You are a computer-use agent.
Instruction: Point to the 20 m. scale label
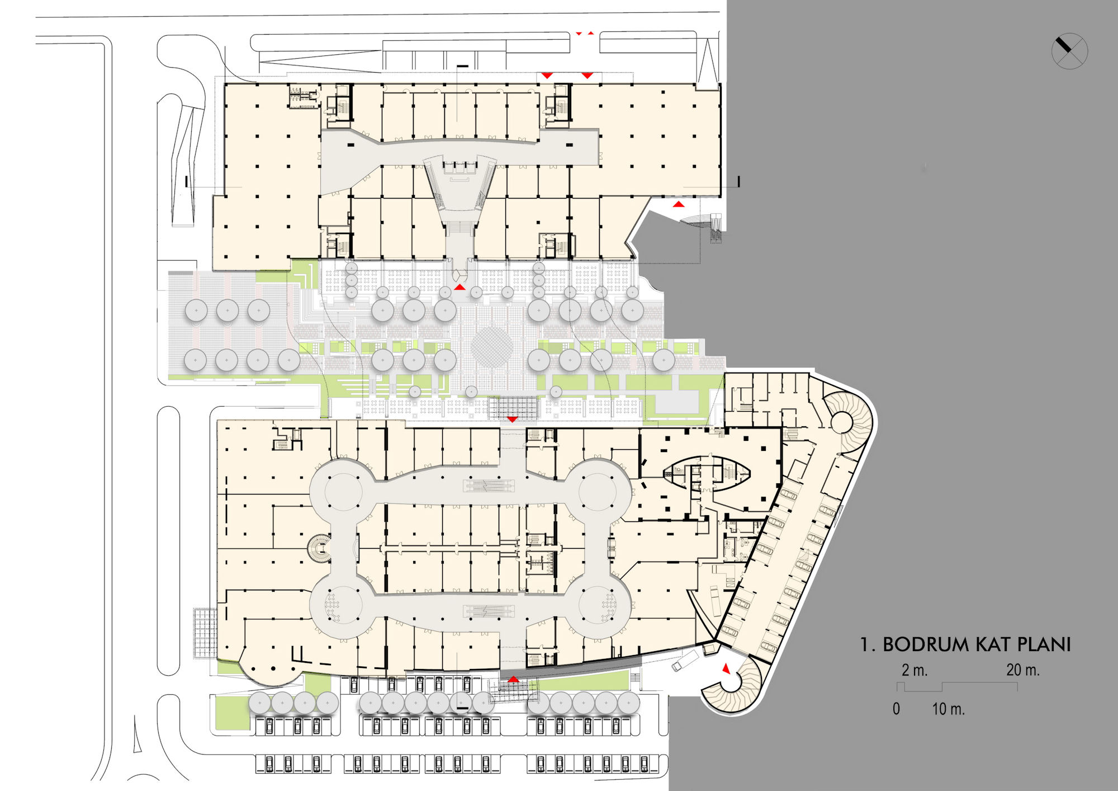1023,670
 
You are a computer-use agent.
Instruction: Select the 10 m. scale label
948,709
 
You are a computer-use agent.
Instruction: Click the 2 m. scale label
915,670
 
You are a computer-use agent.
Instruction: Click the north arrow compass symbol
1069,51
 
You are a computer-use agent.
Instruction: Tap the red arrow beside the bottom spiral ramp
726,668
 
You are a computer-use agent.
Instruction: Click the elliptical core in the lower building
707,474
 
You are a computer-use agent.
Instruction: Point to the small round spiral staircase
319,549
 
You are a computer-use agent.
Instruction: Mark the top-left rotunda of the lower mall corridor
342,491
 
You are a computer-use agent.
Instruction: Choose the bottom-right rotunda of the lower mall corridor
599,605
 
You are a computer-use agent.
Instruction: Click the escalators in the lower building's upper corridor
489,486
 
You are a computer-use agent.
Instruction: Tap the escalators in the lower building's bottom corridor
489,611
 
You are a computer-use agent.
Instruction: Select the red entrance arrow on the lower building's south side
513,679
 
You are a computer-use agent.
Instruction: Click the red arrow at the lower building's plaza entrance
512,419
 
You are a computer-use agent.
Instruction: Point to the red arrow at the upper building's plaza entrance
459,287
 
